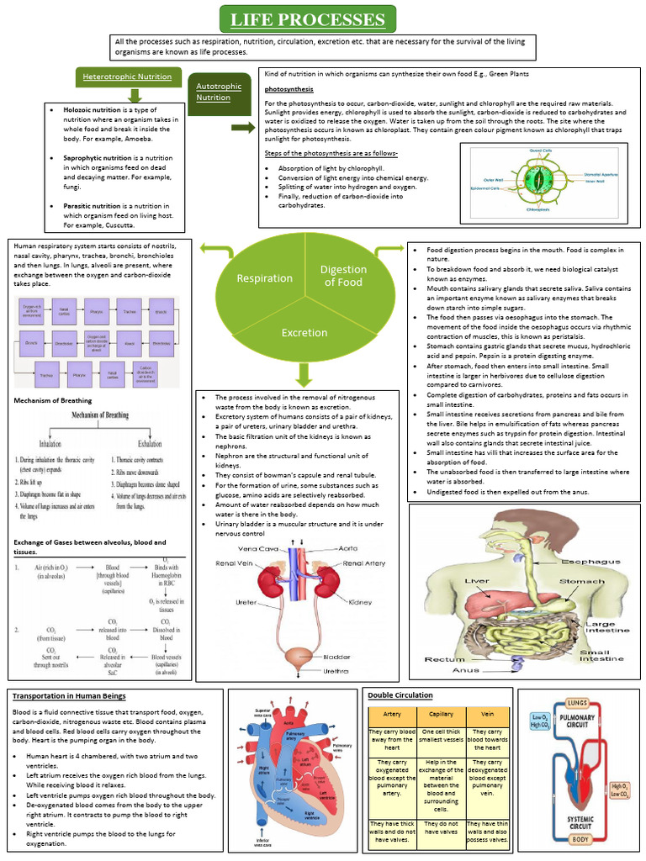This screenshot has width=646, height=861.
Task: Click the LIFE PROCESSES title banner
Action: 308,18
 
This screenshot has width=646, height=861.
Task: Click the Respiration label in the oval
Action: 264,278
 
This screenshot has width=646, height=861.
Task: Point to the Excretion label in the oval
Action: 304,333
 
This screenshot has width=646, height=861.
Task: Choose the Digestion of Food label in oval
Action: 343,276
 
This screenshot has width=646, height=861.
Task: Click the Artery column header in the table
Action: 392,714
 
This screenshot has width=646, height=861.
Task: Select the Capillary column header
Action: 440,714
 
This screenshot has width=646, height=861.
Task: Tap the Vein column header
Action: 487,714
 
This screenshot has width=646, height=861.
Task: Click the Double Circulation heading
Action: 400,695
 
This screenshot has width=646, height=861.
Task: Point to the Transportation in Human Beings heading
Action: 69,696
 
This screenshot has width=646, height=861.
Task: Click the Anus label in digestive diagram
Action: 465,670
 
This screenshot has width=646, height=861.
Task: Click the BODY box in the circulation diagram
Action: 578,839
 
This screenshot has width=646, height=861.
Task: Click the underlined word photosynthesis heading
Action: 289,88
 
